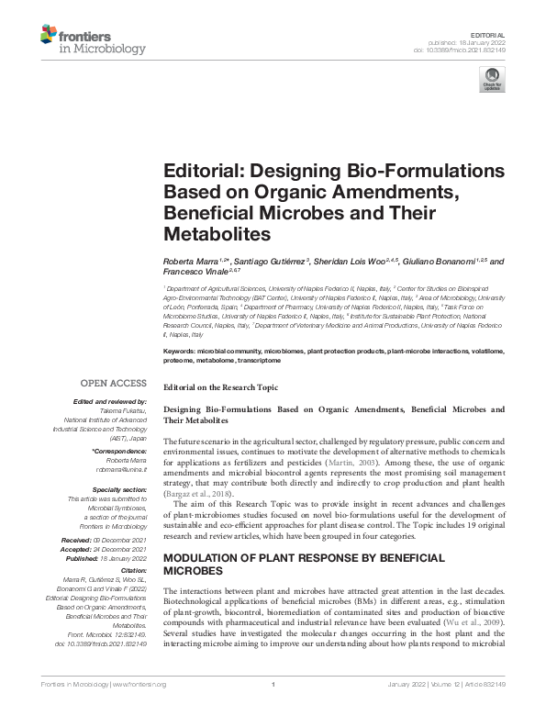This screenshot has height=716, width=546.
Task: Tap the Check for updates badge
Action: click(x=492, y=81)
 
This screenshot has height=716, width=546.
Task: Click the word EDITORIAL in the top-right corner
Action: click(x=487, y=33)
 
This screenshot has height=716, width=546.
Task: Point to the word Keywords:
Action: click(x=178, y=352)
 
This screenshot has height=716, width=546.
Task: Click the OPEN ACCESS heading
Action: click(x=116, y=383)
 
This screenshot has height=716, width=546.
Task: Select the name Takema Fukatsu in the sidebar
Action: click(x=124, y=410)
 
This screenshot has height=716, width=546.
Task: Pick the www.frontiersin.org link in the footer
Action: click(x=139, y=684)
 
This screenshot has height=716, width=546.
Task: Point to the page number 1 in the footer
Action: click(x=273, y=684)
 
